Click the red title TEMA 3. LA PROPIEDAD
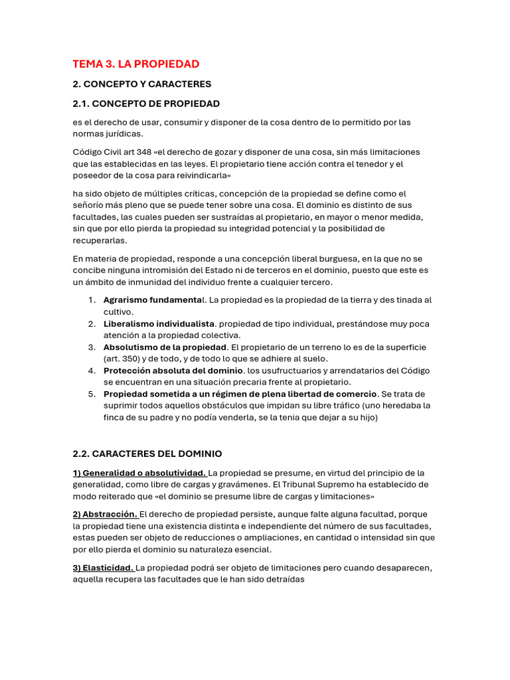pos(136,64)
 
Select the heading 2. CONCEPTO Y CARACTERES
pos(142,84)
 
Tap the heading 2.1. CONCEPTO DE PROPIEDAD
pos(146,104)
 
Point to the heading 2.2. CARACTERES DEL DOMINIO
pos(147,454)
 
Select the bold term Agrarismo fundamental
pos(153,300)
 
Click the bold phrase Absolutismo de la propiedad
pos(165,347)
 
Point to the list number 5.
pos(92,394)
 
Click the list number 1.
pos(92,300)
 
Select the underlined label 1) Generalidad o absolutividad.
pos(139,473)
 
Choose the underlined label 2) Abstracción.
pos(105,514)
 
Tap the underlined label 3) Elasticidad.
pos(103,568)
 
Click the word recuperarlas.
pos(100,240)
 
